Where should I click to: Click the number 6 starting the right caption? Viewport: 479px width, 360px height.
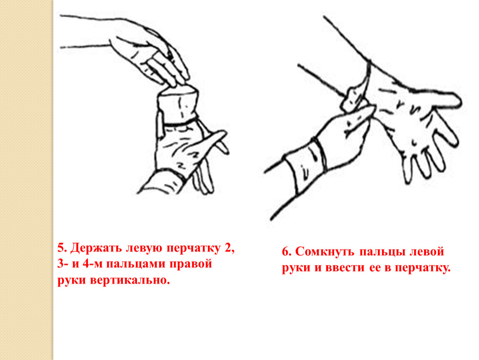[286, 252]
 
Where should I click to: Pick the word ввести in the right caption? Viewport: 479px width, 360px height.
[345, 268]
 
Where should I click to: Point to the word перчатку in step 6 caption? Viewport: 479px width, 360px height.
[423, 269]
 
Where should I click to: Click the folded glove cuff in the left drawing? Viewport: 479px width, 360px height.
[178, 105]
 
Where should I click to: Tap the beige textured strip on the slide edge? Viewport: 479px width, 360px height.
[27, 180]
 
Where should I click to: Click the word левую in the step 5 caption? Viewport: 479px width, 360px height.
[143, 248]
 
